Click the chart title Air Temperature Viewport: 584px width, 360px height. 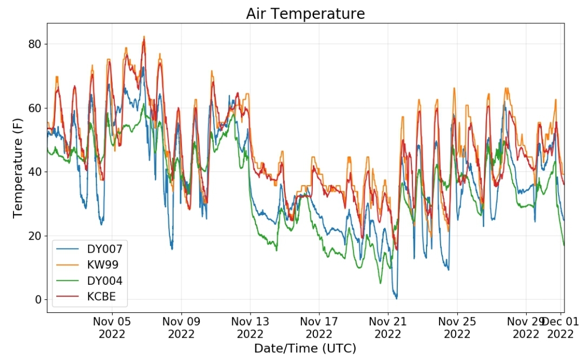305,14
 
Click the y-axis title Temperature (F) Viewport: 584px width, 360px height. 17,168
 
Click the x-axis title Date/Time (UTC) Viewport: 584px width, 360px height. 305,348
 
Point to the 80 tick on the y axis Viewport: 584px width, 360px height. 35,44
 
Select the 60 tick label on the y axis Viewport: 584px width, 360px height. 35,108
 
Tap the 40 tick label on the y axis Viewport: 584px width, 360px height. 35,172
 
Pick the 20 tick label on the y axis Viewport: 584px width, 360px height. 35,236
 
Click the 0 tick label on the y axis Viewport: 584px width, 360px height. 38,299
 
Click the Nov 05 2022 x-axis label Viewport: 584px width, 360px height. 111,327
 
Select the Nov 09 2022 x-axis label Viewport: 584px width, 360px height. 181,327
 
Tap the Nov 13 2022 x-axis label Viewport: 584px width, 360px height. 250,327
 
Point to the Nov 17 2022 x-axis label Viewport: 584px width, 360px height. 319,327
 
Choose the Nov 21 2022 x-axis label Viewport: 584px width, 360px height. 388,327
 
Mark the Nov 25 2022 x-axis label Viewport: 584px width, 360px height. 457,327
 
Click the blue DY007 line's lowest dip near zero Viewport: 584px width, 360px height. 396,298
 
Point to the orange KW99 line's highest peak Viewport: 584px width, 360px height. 144,37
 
